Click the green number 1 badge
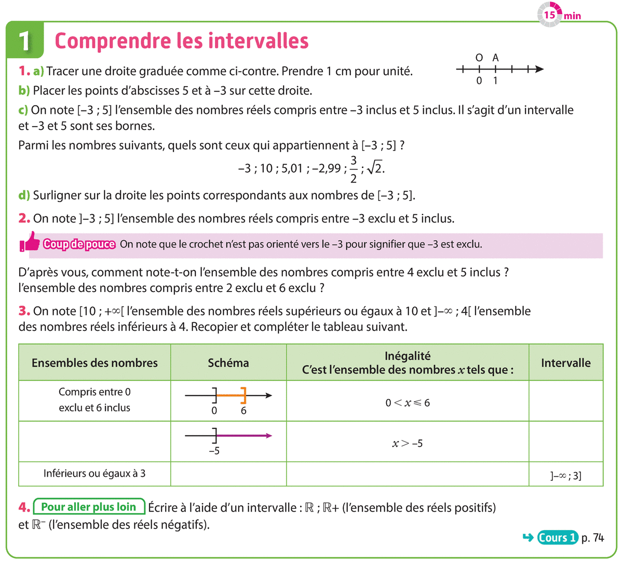[x=24, y=40]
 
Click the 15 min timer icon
[x=549, y=15]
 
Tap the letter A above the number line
[x=495, y=58]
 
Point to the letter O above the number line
[x=479, y=58]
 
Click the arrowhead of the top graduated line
[x=539, y=69]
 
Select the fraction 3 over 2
[x=354, y=169]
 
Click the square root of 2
[x=375, y=168]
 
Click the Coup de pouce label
[x=79, y=244]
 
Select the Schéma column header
[x=228, y=363]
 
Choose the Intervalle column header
[x=566, y=363]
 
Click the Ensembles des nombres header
[x=94, y=363]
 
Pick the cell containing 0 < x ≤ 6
[x=408, y=403]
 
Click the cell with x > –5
[x=408, y=444]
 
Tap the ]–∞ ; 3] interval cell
[x=566, y=475]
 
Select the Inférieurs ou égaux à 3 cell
[x=94, y=473]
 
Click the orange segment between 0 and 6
[x=229, y=396]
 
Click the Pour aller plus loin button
[x=89, y=507]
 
